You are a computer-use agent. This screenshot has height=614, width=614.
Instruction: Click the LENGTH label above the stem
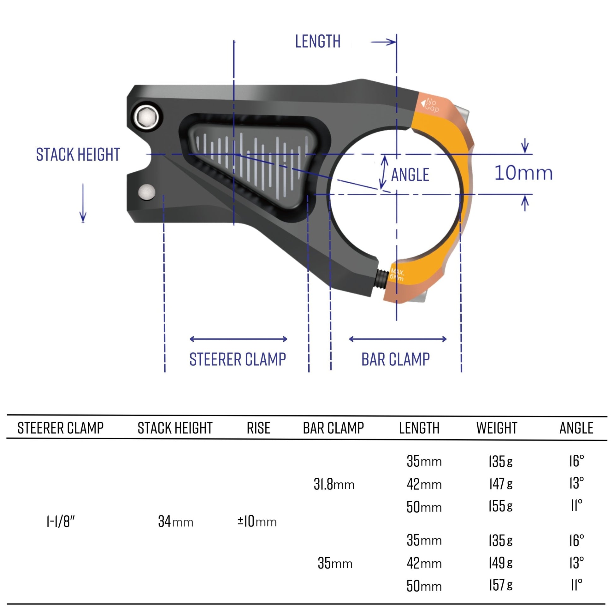(317, 42)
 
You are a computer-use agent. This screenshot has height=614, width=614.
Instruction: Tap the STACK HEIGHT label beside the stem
(78, 155)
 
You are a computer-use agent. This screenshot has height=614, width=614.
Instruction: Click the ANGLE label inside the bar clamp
(410, 175)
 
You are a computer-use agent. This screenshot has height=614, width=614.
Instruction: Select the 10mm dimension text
(523, 174)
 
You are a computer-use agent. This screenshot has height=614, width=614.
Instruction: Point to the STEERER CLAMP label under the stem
(237, 359)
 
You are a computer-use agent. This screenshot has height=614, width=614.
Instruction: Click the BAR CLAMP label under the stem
(395, 359)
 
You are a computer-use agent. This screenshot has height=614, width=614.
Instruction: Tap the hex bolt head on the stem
(146, 117)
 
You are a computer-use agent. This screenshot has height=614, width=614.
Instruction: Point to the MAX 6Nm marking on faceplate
(397, 275)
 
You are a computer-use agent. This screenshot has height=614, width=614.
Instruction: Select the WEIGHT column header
(496, 428)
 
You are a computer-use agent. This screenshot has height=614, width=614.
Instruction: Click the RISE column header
(258, 428)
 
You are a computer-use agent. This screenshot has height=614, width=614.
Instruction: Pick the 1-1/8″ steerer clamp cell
(60, 522)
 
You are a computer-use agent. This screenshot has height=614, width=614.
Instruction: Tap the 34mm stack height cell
(175, 522)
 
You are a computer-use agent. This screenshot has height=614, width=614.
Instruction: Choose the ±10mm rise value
(257, 522)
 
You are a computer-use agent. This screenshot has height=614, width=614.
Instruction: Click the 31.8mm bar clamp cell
(334, 485)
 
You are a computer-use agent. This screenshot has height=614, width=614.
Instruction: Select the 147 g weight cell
(500, 484)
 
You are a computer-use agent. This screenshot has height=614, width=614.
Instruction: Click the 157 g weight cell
(500, 585)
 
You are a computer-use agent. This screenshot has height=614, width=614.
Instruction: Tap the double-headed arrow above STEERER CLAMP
(238, 339)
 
